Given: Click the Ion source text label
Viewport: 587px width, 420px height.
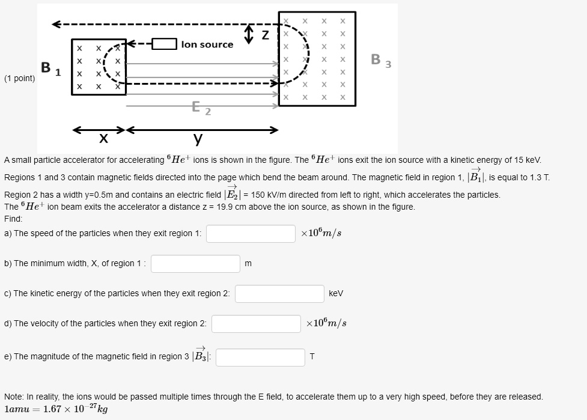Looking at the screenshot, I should pos(207,44).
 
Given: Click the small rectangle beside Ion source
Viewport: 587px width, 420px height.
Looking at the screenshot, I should pos(163,44).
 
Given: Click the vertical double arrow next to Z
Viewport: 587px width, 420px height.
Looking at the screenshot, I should pos(249,34).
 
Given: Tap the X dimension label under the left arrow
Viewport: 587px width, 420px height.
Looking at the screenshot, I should pos(103,140).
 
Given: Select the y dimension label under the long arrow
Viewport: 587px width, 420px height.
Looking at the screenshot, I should pos(198,140).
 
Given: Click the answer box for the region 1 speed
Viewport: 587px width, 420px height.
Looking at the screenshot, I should pos(251,234).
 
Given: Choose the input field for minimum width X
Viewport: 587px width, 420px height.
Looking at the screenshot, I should pos(195,264).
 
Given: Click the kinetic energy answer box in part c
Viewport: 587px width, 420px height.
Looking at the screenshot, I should pos(279,294).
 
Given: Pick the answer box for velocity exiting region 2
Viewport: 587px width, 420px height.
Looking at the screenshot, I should pos(256,324).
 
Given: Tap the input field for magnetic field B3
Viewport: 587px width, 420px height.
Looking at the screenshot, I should pos(260,357).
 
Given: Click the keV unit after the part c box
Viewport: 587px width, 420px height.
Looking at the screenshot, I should pos(336,294).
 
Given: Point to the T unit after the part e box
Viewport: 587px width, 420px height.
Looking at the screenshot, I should pos(312,357).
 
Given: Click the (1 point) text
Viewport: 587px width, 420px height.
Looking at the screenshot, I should pos(19,79).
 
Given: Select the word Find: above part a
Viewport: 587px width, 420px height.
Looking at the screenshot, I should pos(13,219).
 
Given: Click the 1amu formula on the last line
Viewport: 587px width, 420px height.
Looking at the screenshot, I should pos(56,409).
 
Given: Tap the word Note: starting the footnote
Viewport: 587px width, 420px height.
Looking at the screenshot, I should pos(14,397).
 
